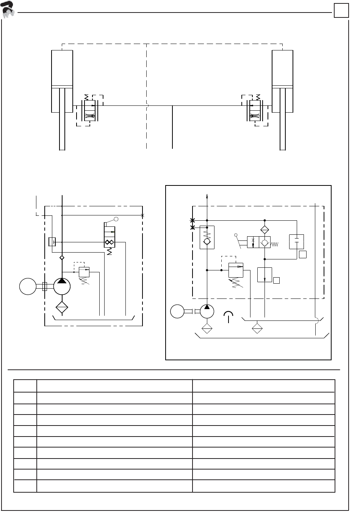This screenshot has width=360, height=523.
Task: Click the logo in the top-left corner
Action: [x=8, y=9]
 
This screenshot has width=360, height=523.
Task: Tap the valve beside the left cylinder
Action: [x=90, y=110]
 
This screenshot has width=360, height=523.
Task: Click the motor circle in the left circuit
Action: [x=28, y=286]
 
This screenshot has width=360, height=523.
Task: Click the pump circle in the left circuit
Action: [x=62, y=286]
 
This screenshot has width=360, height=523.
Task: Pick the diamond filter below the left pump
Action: [x=62, y=307]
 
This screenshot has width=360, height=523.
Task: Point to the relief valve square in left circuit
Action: [x=84, y=272]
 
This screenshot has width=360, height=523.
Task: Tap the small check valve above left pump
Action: [x=62, y=258]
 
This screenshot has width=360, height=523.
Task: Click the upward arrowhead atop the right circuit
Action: [x=207, y=196]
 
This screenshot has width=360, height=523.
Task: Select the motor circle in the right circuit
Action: [x=177, y=311]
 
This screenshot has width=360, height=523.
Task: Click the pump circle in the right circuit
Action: [x=207, y=311]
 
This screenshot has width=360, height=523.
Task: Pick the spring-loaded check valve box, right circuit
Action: [x=207, y=237]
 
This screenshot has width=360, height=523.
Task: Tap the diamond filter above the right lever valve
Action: [x=265, y=229]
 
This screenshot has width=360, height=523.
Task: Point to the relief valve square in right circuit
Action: [x=235, y=270]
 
